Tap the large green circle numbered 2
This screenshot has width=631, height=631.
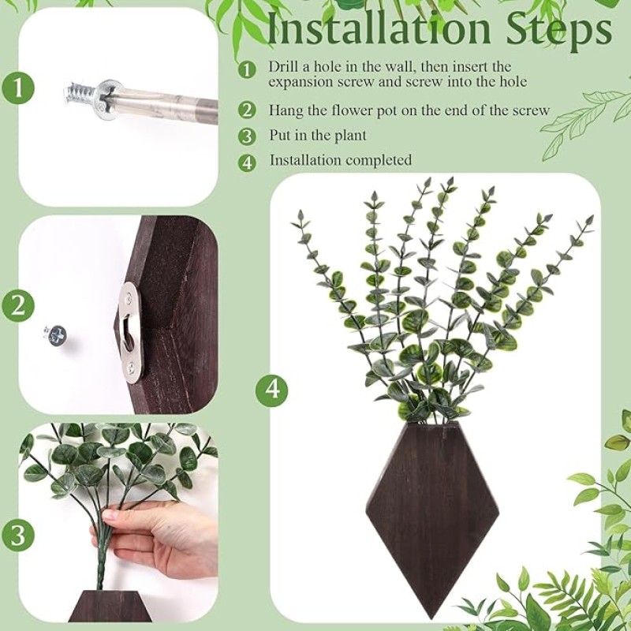point(18,305)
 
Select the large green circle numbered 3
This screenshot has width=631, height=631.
point(18,535)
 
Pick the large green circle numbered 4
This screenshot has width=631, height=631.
point(271,389)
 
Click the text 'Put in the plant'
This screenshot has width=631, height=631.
point(318,136)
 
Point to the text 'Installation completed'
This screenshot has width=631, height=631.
point(341,160)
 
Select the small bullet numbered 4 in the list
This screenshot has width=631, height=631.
point(248,161)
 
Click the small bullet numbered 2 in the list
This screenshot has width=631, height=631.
point(248,111)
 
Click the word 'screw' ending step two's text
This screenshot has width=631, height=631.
point(532,110)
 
